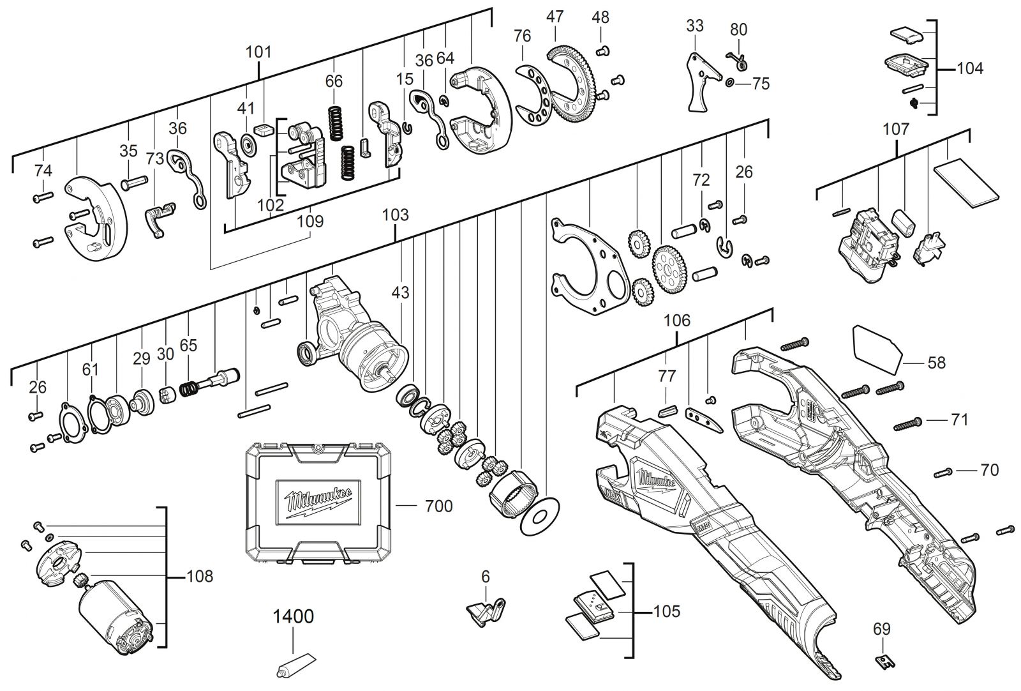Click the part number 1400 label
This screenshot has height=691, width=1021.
(293, 616)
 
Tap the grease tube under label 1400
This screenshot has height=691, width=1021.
(296, 665)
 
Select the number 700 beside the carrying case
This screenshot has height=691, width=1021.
(438, 506)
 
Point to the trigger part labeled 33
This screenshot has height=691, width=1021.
(701, 82)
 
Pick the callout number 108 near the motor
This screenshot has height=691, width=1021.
(200, 577)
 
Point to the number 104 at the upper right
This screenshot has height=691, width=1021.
(970, 69)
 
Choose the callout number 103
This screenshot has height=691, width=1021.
(395, 215)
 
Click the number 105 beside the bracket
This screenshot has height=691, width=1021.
(667, 611)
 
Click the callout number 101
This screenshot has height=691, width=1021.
(258, 52)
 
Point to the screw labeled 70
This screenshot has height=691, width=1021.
(944, 473)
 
